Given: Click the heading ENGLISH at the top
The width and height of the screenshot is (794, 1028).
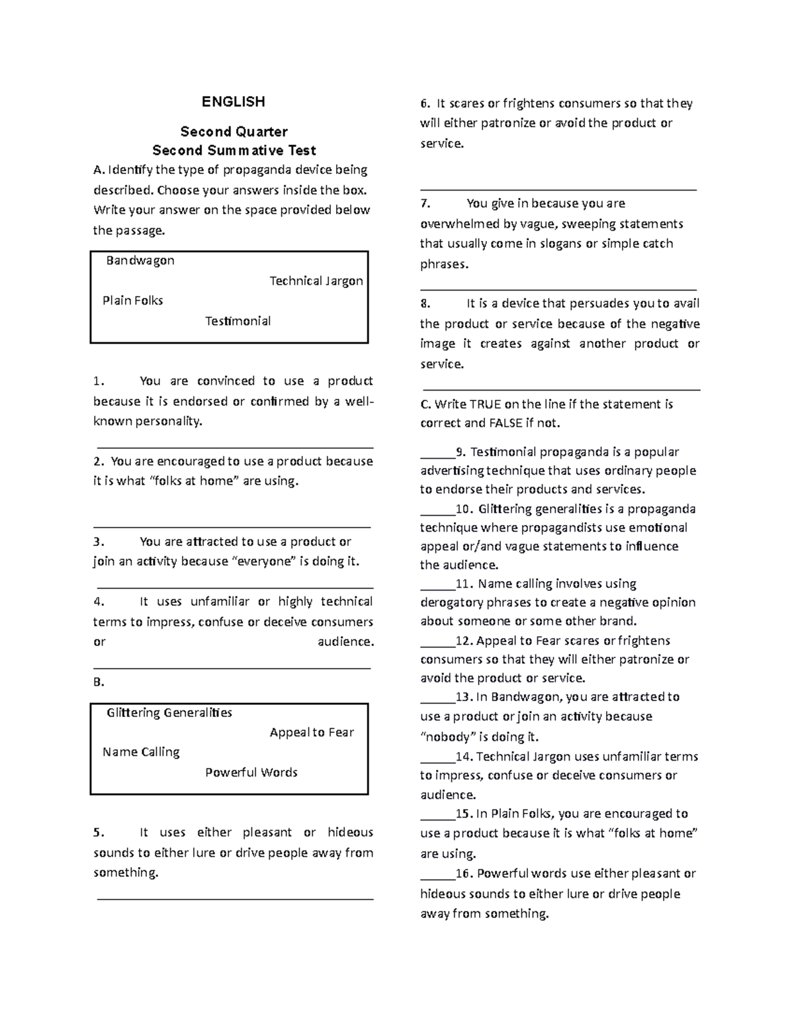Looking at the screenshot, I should (233, 102).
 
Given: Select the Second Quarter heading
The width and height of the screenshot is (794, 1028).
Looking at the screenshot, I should (234, 132).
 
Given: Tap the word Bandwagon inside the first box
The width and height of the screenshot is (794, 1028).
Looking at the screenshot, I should (140, 260).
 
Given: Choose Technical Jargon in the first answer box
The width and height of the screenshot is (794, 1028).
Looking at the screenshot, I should (316, 281).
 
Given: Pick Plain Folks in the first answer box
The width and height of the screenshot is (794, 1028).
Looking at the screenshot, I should (132, 301).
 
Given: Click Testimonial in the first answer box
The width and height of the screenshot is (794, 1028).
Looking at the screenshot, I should (238, 321).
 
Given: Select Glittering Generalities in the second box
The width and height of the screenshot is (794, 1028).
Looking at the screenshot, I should (169, 713).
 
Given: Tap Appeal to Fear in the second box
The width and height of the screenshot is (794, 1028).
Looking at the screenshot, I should (312, 733).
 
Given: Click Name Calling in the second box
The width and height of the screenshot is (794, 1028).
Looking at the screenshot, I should (141, 752).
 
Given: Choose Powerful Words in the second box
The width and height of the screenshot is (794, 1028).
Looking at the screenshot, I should (251, 772).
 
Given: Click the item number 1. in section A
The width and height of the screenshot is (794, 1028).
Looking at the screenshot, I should (99, 381).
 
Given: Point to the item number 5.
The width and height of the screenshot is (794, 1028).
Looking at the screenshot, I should (99, 833).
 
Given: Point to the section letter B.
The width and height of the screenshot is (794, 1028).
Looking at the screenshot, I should (99, 682).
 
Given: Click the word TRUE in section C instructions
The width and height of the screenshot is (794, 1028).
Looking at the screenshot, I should (485, 404).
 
